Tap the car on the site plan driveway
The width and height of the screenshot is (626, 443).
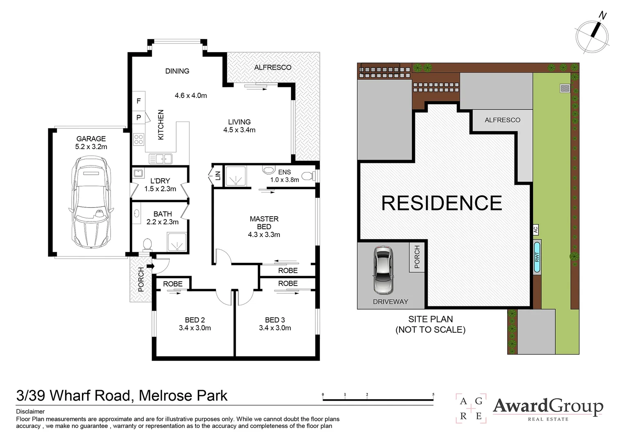coord(383,270)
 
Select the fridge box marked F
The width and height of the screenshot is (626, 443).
coord(138,101)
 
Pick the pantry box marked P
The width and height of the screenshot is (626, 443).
coord(138,118)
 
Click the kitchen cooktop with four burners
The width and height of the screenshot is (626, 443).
coord(139,139)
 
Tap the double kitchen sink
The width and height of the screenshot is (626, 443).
coord(160,158)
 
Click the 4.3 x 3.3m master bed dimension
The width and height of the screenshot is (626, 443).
coord(264,235)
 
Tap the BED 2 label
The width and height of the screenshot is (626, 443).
coord(195,320)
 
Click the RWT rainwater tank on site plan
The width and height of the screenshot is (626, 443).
coord(537,257)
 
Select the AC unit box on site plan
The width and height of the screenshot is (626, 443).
coord(535,230)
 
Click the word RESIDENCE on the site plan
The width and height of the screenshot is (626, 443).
coord(441,203)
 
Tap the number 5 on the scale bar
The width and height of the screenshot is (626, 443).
coord(433,395)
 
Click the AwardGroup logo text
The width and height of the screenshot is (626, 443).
coord(548,406)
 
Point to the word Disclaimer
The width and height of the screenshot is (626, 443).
coord(30,411)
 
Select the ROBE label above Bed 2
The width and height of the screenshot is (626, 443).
coord(172,284)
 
